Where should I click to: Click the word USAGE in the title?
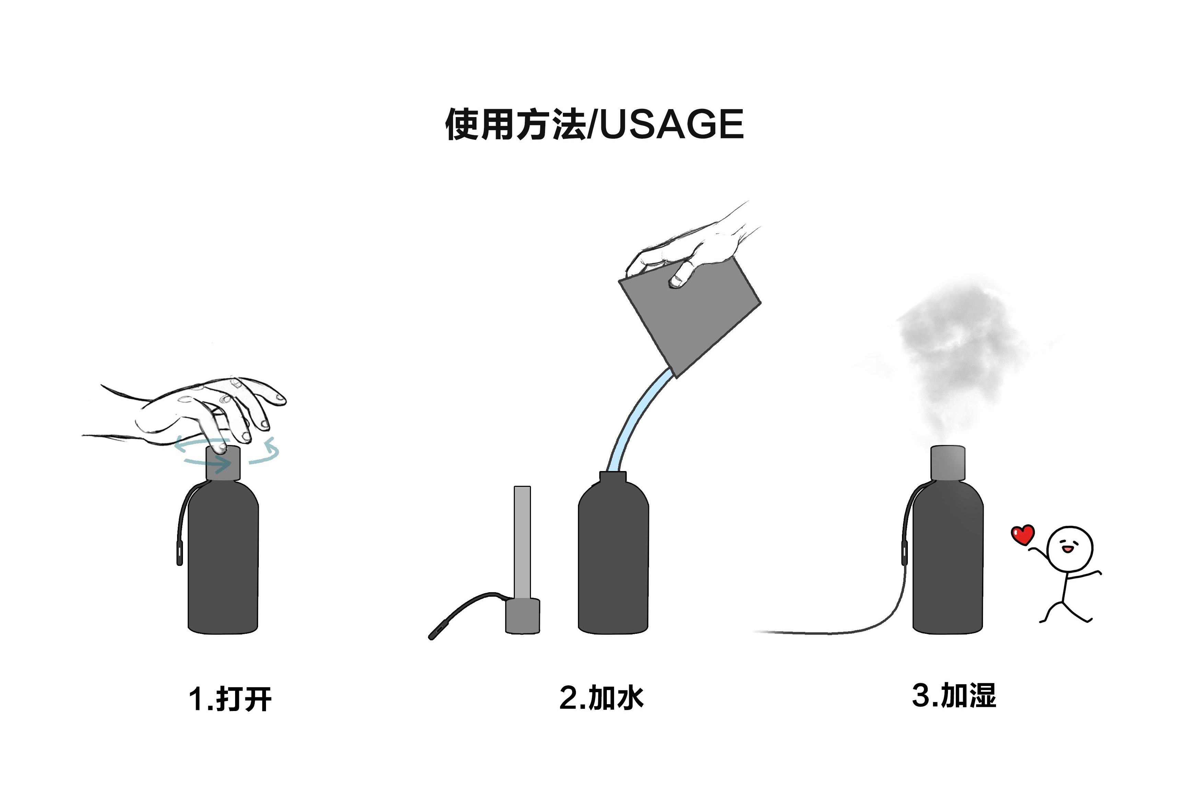point(671,124)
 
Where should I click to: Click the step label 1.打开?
point(230,698)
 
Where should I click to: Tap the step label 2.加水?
point(601,697)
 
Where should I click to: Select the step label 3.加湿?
point(954,696)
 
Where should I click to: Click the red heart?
point(1022,535)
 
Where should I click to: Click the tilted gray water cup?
point(690,317)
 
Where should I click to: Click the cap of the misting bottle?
point(947,463)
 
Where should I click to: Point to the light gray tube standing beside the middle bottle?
point(522,542)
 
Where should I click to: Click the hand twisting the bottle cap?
point(205,409)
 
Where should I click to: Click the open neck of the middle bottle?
point(613,477)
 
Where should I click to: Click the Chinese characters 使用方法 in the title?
point(516,124)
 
